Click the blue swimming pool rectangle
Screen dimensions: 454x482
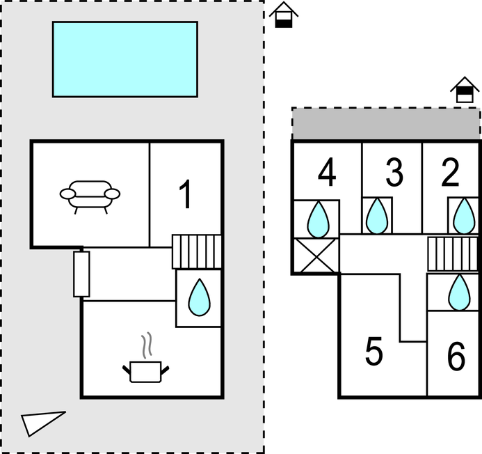(x=125, y=59)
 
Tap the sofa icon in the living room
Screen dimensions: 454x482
(x=90, y=195)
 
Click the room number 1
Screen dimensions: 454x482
(x=185, y=194)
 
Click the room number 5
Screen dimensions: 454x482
(x=374, y=352)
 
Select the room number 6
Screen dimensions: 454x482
(x=456, y=357)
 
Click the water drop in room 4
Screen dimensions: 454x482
(x=318, y=219)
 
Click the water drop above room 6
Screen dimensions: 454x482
(x=458, y=292)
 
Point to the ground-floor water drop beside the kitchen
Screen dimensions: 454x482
(x=200, y=298)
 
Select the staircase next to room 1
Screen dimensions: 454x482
(x=197, y=251)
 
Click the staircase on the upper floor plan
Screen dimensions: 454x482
(x=453, y=254)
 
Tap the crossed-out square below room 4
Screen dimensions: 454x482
(x=316, y=256)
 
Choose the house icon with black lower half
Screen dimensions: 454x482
(x=283, y=15)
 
